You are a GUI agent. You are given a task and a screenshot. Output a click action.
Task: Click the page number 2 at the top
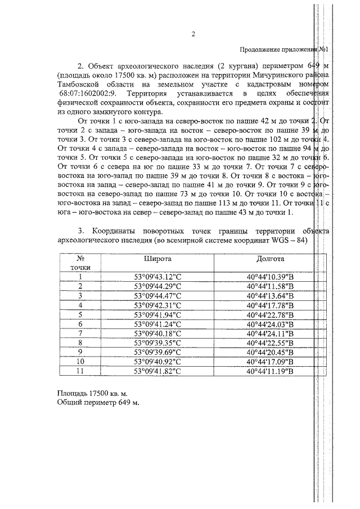coord(192,34)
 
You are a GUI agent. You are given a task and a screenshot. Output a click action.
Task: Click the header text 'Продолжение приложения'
coord(280,49)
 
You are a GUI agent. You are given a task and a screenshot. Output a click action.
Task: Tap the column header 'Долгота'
coord(271,259)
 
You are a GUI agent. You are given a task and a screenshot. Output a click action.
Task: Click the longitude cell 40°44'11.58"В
coord(271,286)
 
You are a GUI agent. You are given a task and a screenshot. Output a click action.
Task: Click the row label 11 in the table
coord(80,371)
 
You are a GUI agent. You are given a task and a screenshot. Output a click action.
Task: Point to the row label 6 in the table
coord(80,324)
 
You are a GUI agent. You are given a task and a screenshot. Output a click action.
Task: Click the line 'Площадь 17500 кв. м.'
coord(92,394)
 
